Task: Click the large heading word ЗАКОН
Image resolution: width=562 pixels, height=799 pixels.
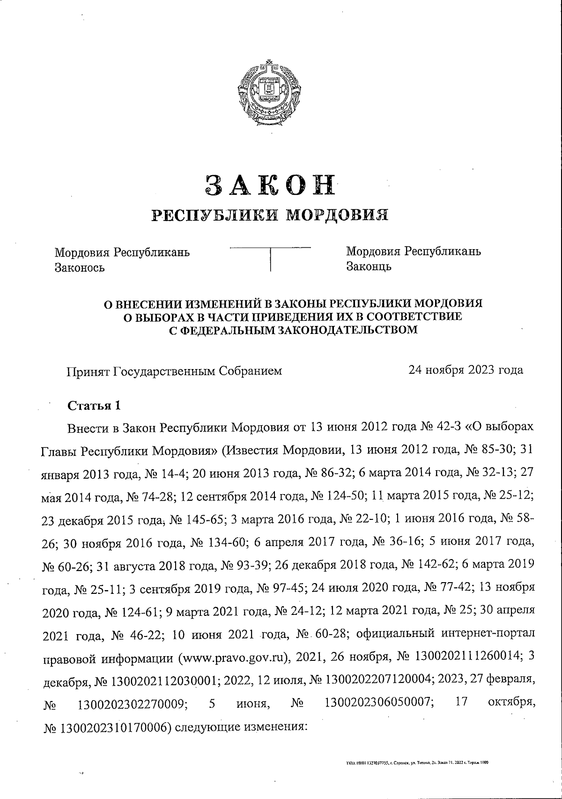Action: (271, 185)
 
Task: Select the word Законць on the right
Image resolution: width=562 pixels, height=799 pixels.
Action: (369, 266)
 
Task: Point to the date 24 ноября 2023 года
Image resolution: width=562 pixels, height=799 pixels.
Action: (466, 370)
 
